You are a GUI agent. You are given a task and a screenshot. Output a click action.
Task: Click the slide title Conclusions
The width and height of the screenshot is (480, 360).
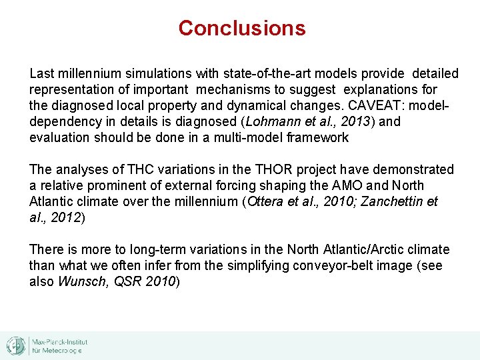click(x=242, y=28)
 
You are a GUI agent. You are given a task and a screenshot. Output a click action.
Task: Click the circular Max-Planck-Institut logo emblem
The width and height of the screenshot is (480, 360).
click(x=15, y=345)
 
